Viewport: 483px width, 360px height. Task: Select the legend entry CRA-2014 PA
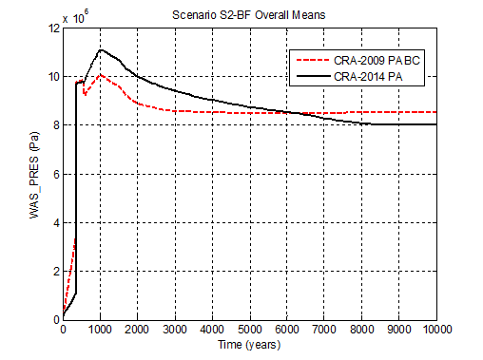(370, 75)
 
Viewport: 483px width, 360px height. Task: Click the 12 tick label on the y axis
(53, 28)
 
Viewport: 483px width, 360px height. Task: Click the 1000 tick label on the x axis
(100, 330)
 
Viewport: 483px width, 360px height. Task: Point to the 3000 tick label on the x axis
(175, 330)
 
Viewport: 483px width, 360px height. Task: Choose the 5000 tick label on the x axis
(250, 330)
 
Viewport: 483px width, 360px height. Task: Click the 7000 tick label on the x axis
(325, 330)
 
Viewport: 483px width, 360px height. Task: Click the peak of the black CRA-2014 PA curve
(101, 49)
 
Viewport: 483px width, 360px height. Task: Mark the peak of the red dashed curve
(100, 74)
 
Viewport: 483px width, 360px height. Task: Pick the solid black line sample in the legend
(312, 75)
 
